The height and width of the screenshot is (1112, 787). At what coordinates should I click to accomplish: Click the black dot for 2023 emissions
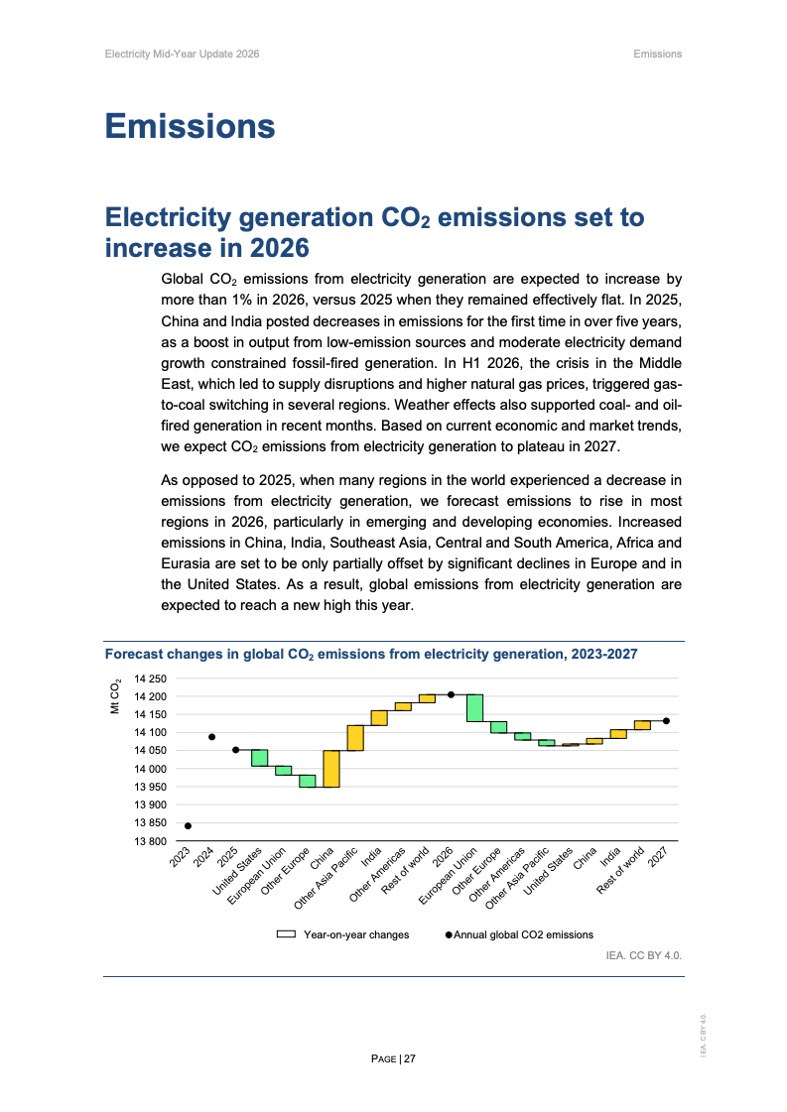click(188, 825)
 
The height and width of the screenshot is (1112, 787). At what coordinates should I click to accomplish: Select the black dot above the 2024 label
click(211, 737)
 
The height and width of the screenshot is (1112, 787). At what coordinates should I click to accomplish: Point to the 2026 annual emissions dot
click(451, 694)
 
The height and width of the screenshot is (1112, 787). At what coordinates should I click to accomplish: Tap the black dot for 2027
click(666, 720)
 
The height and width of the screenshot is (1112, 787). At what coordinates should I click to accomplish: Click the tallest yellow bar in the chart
click(331, 769)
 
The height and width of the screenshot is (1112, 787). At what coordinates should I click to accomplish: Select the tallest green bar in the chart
click(474, 707)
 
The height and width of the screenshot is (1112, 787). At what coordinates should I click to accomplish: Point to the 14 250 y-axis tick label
click(151, 679)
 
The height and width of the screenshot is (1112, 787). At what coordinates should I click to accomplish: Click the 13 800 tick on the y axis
click(151, 841)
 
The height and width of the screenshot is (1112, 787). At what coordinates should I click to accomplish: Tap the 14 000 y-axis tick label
click(151, 769)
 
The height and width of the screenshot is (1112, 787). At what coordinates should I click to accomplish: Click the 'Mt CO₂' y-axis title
click(116, 696)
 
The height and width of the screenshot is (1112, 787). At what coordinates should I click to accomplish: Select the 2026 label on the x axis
click(443, 857)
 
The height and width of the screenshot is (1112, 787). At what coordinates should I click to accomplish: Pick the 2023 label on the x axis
click(180, 857)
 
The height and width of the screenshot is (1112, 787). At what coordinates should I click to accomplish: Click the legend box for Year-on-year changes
click(286, 934)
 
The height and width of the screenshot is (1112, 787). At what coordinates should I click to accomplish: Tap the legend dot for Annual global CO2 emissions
click(449, 934)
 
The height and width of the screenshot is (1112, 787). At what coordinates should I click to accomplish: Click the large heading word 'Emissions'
click(191, 126)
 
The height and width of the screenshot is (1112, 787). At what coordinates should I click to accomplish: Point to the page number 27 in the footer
click(410, 1058)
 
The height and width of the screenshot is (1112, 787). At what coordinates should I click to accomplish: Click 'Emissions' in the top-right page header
click(658, 54)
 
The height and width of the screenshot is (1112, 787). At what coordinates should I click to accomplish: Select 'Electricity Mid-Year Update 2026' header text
click(183, 54)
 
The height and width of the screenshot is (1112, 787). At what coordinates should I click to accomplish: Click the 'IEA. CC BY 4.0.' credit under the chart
click(644, 955)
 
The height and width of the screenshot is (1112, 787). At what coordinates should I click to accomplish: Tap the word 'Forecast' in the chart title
click(133, 654)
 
